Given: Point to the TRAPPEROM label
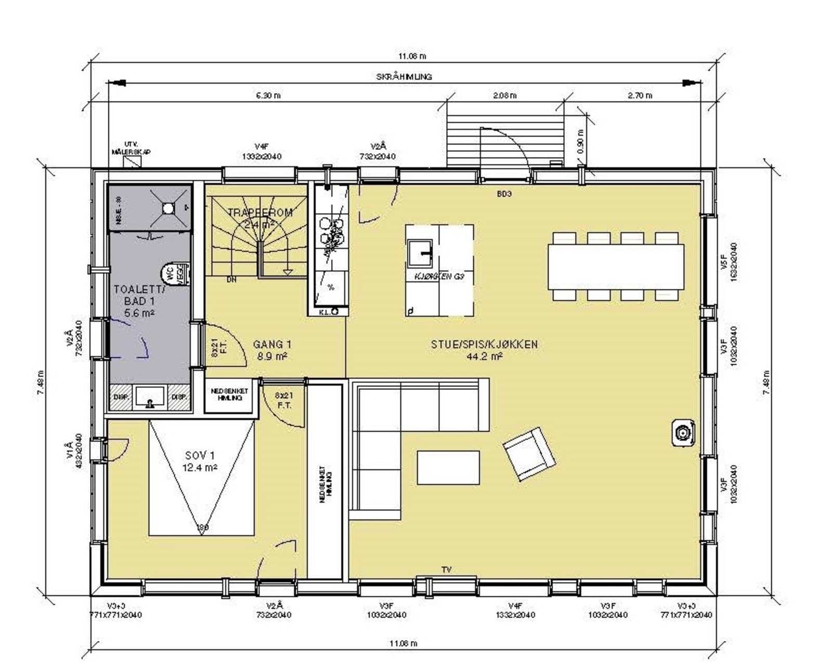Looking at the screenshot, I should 260,213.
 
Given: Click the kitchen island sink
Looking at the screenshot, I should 422,252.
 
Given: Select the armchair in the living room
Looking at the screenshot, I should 529,454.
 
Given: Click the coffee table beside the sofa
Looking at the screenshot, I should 448,468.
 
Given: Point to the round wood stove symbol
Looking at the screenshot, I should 682,432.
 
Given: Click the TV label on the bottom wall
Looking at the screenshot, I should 446,570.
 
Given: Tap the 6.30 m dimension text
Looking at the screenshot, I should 268,95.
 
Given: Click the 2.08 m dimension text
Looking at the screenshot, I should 504,95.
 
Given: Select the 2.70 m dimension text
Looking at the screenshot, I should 640,95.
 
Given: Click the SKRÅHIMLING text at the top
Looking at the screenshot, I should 404,76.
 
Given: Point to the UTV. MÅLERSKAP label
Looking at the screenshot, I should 131,148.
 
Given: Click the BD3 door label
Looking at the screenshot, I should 504,194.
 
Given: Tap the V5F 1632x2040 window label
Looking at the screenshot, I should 728,262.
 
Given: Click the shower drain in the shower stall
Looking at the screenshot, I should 168,208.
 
